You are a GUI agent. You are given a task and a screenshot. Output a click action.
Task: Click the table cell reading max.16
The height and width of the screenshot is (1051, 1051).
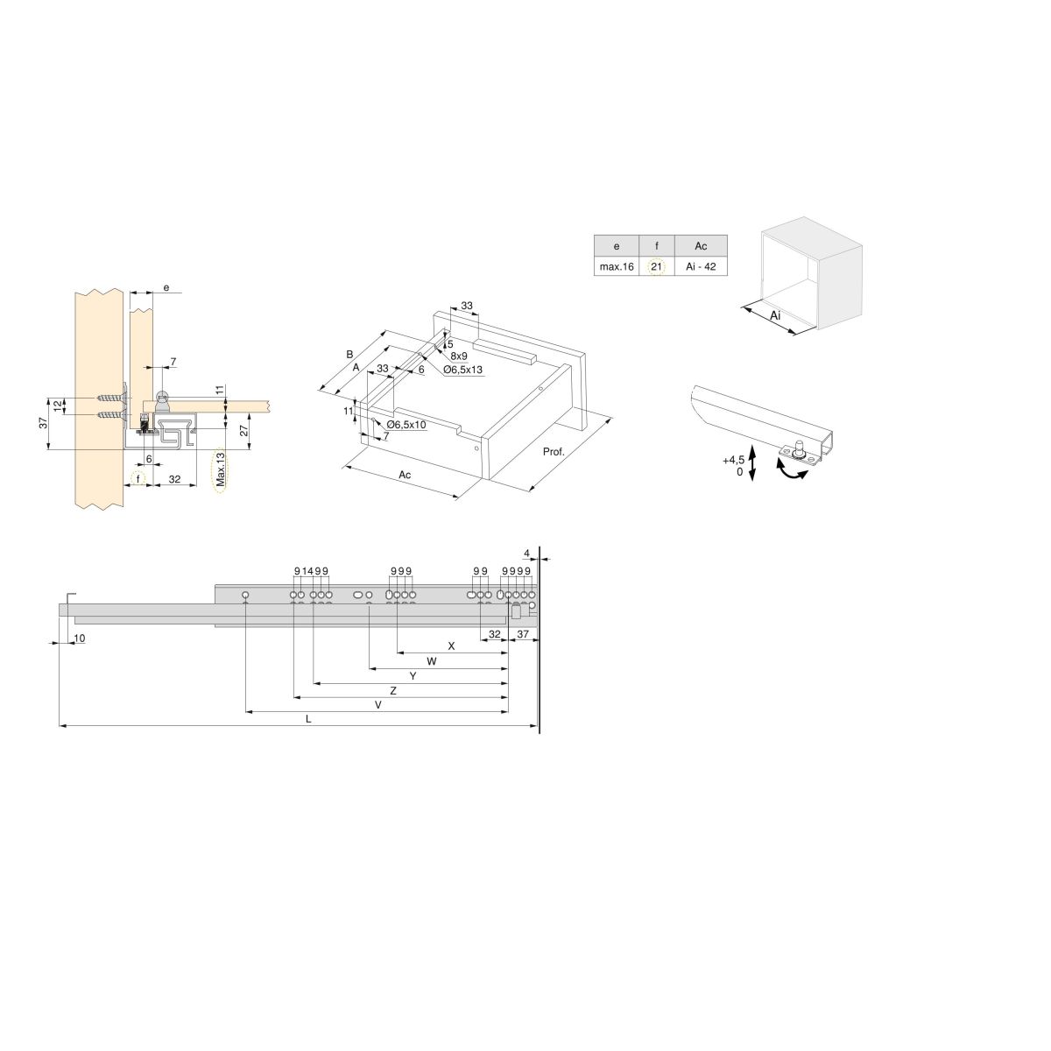point(617,267)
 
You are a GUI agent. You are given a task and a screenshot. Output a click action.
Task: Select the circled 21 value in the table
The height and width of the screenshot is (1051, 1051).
point(656,267)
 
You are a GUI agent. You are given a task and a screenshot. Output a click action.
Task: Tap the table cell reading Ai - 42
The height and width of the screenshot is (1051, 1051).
point(701,267)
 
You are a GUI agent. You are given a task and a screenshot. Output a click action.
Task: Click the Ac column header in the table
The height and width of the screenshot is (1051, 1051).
point(701,246)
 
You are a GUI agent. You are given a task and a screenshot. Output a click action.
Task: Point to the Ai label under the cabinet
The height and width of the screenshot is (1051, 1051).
point(775,316)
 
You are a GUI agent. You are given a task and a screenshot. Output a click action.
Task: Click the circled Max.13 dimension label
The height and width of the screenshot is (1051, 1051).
point(221,469)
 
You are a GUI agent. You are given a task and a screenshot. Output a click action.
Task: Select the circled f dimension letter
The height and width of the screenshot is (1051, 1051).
point(138,479)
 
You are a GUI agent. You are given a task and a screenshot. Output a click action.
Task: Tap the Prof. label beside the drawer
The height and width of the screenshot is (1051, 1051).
point(554,452)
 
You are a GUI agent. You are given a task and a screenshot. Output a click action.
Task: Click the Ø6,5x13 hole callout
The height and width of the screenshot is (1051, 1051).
point(463,370)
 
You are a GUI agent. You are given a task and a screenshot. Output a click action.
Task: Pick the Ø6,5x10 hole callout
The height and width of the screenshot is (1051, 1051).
point(406,424)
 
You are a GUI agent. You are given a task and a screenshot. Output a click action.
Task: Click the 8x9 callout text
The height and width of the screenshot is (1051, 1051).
point(459,356)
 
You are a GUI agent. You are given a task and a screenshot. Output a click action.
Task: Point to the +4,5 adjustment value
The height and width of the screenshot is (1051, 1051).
point(733,461)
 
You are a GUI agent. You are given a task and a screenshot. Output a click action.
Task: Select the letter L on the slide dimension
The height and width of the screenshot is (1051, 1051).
point(308,719)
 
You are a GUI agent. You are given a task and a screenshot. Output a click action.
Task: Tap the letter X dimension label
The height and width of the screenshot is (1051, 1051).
point(451,646)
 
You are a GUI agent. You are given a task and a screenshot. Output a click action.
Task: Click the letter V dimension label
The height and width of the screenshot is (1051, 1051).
point(378,705)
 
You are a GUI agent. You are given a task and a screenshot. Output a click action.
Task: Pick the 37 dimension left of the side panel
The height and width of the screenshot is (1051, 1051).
point(44,422)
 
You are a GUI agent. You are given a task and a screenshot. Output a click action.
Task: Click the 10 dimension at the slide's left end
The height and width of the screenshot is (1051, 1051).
point(80,638)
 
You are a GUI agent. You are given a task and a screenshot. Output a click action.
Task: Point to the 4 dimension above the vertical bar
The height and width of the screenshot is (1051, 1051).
point(527,554)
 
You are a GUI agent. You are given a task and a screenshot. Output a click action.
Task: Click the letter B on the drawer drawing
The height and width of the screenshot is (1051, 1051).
point(349,355)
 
